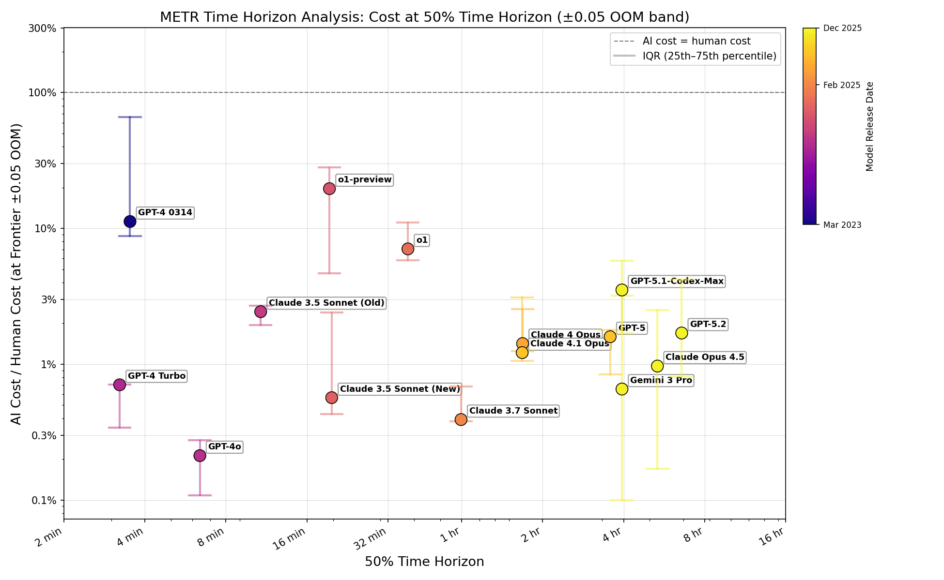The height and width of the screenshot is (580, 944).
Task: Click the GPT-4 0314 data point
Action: click(130, 222)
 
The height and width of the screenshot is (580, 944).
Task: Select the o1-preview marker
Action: click(329, 189)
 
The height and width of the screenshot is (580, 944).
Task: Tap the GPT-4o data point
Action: click(200, 456)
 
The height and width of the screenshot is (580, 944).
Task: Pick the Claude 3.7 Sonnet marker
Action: click(461, 419)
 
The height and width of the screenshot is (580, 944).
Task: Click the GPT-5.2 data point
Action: click(681, 333)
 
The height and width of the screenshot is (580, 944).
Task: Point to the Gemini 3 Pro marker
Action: click(622, 389)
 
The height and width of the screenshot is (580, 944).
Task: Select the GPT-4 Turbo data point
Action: click(120, 385)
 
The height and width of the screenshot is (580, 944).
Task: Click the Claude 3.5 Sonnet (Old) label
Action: click(326, 303)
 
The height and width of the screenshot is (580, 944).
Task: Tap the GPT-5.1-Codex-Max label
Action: click(677, 282)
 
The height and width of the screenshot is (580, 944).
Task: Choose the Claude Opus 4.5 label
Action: click(705, 357)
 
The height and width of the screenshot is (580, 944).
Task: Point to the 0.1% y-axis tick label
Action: click(45, 501)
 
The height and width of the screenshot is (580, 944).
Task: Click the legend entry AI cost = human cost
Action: click(696, 42)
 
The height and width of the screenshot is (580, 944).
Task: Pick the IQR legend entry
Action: click(709, 57)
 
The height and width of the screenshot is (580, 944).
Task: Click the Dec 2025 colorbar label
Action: click(842, 29)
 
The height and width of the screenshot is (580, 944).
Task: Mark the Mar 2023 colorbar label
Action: click(842, 225)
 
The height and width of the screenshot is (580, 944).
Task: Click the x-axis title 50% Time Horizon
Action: click(424, 562)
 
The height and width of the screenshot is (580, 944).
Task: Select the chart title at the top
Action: click(424, 17)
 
